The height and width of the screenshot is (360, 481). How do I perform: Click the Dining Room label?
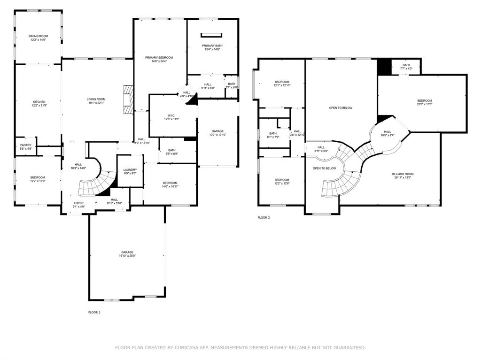[39, 38]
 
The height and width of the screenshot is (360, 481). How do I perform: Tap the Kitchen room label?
[39, 104]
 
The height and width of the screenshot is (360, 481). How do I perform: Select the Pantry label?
[26, 147]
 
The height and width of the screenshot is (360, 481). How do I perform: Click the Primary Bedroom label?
[159, 59]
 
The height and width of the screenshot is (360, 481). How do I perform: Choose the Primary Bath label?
[211, 47]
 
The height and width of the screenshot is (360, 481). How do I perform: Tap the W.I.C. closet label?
[171, 117]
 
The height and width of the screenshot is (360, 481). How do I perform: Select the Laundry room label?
[130, 171]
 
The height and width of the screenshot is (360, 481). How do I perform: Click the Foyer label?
[78, 205]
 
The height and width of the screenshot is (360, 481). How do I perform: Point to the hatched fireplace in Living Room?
[128, 99]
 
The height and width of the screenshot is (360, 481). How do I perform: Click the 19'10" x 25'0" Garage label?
[127, 254]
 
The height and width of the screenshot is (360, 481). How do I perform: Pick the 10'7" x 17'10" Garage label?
[217, 133]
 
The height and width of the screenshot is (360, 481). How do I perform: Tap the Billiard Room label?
[403, 176]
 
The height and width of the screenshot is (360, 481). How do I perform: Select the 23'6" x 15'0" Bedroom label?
[424, 103]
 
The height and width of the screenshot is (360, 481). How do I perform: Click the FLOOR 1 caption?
[94, 312]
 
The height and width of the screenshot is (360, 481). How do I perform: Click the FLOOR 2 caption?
[264, 218]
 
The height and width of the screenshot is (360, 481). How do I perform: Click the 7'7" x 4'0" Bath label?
[406, 67]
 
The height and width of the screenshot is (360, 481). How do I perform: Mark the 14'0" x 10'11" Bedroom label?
[170, 185]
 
